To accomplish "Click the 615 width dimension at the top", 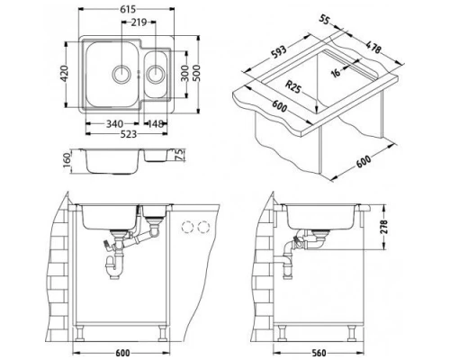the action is [x=128, y=10].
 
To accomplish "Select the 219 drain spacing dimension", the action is [x=139, y=22].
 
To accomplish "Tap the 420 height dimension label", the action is [x=65, y=74].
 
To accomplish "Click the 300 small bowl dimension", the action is [x=185, y=73].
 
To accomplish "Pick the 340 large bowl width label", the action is [x=114, y=123].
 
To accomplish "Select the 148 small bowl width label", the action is [x=156, y=123].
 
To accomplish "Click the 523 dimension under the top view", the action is [x=128, y=134].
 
